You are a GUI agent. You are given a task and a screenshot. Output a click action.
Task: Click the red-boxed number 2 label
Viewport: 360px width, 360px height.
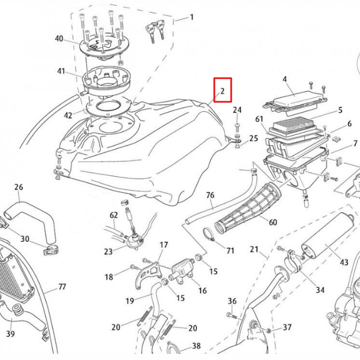tap(222, 90)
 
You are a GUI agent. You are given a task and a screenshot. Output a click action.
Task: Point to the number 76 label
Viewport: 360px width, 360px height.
tap(210, 195)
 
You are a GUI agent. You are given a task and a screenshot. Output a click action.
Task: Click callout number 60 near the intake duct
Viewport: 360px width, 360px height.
tap(273, 222)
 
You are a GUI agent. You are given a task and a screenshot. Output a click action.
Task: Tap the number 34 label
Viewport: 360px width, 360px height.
tap(320, 290)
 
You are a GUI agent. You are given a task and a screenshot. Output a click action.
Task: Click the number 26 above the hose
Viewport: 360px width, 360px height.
tap(19, 187)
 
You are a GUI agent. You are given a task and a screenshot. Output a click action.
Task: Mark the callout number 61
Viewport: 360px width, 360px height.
tap(259, 119)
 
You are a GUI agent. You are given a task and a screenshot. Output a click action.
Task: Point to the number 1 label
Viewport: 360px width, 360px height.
tap(191, 17)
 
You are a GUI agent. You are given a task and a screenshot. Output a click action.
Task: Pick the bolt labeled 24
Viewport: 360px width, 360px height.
tap(237, 124)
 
